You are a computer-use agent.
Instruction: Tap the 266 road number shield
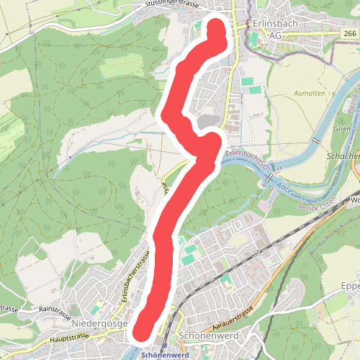(350, 33)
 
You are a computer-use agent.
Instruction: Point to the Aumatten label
(309, 94)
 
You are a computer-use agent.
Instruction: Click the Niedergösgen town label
(101, 324)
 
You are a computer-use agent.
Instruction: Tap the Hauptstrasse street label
(69, 336)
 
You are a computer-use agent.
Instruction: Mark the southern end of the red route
(141, 330)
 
